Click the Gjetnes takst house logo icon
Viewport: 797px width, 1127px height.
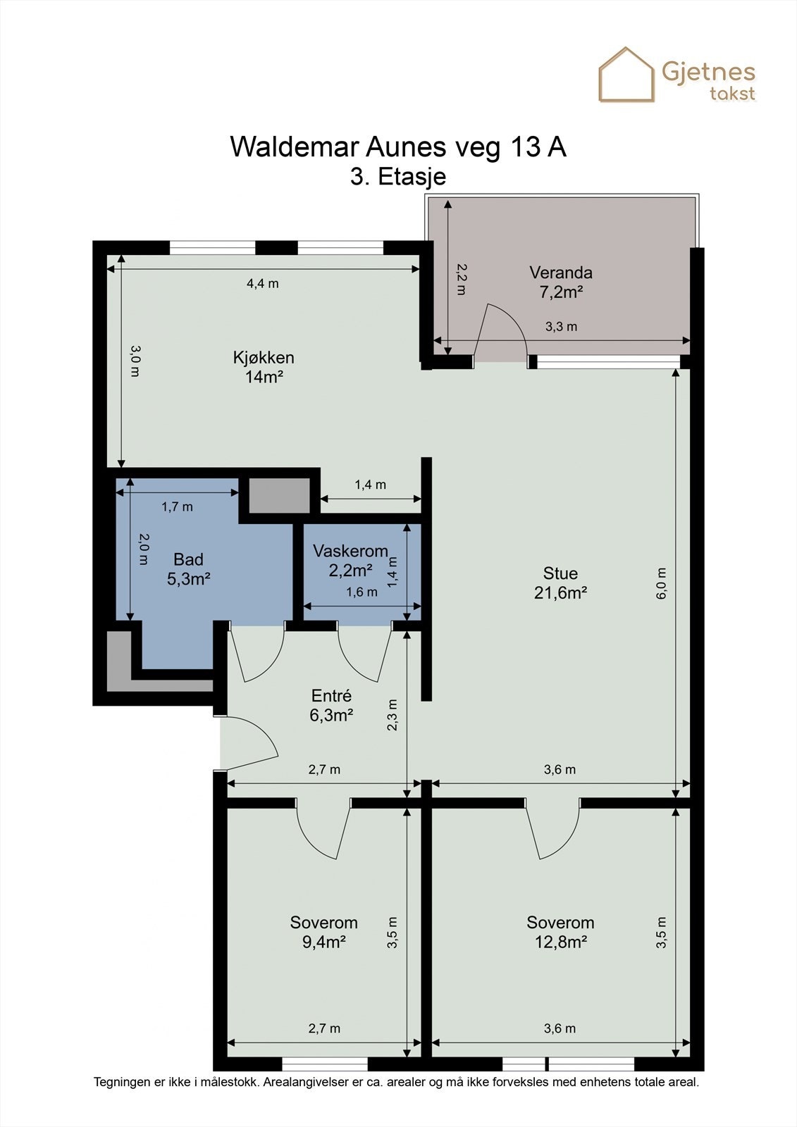point(626,75)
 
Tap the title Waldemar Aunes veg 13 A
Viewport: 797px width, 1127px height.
point(398,147)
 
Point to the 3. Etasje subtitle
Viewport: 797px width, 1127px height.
point(398,177)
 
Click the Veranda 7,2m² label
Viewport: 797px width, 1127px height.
point(561,282)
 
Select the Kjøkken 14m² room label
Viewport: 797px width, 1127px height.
point(264,367)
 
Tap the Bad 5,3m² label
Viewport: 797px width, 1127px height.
point(188,569)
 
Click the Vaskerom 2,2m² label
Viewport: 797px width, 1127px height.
point(350,561)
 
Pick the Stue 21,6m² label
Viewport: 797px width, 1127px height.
point(560,583)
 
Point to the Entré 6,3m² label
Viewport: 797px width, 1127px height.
point(331,705)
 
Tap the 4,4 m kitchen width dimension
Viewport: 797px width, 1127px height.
point(262,284)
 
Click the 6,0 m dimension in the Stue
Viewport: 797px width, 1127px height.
point(661,583)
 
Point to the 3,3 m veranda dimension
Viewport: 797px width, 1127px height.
point(561,327)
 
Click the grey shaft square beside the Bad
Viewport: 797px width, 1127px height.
point(280,496)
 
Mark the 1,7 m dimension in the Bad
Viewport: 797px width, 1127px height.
point(177,506)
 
